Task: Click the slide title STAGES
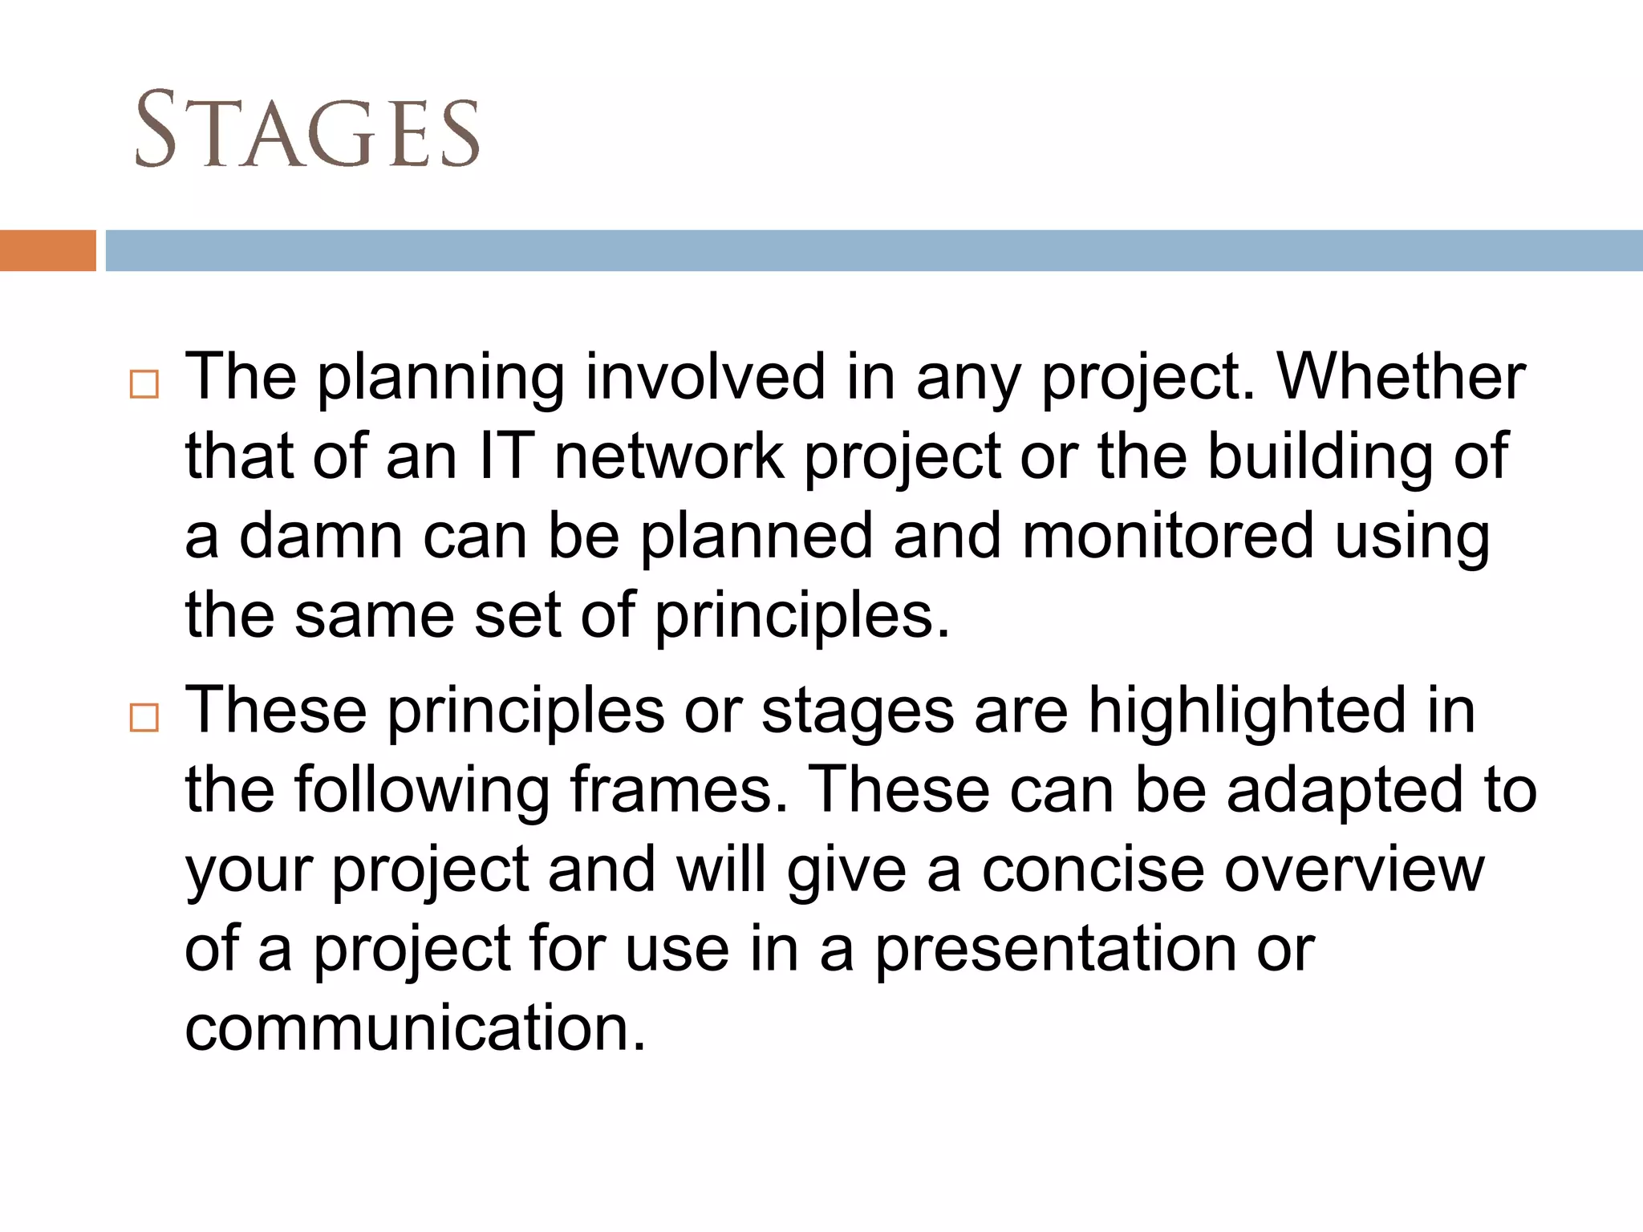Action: (x=306, y=130)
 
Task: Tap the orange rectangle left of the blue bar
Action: (x=47, y=250)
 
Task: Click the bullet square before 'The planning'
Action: (x=144, y=384)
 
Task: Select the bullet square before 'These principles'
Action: (x=144, y=717)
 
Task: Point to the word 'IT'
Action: (x=506, y=456)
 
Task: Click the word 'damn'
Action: (x=321, y=535)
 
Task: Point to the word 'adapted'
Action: (x=1345, y=791)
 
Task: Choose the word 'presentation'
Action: (x=1056, y=949)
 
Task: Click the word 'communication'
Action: (x=415, y=1027)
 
